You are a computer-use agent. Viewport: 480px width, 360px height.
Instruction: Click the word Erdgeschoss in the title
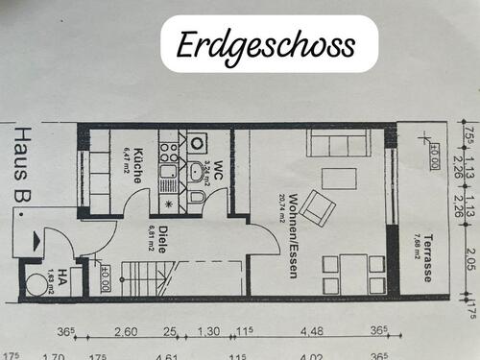point(265,44)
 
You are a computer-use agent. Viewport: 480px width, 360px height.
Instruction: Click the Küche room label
point(136,166)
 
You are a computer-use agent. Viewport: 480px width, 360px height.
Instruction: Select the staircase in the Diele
point(142,279)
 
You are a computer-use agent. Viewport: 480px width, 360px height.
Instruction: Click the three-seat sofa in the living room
point(338,145)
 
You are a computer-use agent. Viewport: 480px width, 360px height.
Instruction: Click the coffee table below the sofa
point(338,178)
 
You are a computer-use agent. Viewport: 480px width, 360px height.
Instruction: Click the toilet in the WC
point(196,197)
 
